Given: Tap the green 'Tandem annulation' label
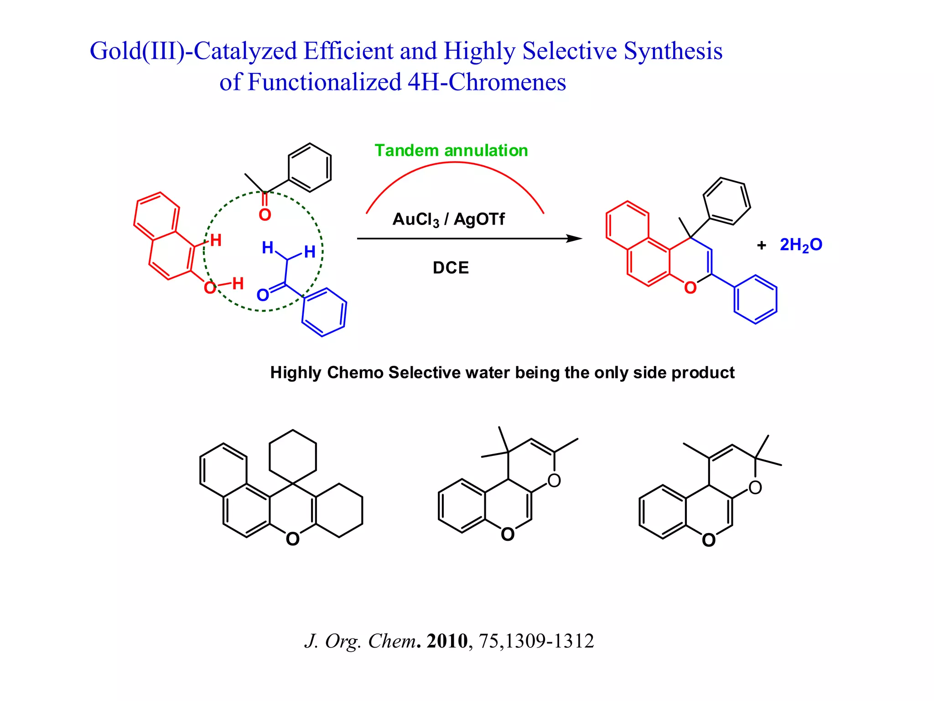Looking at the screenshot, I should coord(451,151).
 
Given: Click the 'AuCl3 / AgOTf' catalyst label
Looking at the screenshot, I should coord(448,220).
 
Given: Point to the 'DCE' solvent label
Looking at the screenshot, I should coord(451,267).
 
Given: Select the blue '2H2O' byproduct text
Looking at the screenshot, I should coord(801,245).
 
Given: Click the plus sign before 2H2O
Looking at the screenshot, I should coord(761,246).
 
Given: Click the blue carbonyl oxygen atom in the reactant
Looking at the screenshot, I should coord(263,295).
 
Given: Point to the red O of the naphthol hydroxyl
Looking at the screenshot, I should coord(210,288).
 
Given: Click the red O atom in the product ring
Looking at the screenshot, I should coord(690,288).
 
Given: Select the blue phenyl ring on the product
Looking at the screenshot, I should coord(755,299).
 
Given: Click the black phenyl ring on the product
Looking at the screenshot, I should coord(726,201).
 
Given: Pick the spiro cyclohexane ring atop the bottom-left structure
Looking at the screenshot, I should coord(293,456).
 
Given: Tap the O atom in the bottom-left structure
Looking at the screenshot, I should coord(293,539).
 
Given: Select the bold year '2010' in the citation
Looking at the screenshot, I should coord(447,641).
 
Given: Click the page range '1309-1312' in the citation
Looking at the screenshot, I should coord(549,641).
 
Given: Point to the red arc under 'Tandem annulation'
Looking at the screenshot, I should coord(455,163).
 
